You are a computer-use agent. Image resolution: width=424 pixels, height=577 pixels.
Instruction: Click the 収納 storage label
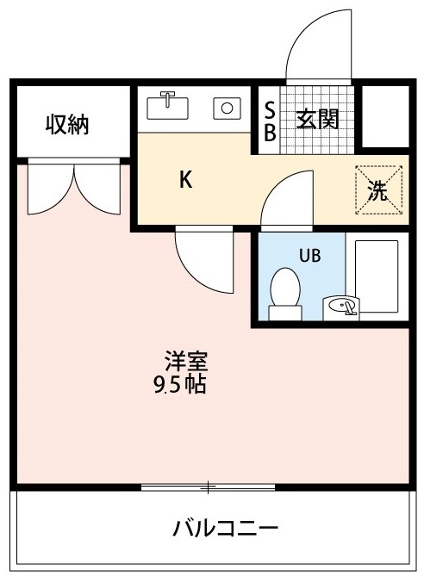pyautogui.click(x=67, y=125)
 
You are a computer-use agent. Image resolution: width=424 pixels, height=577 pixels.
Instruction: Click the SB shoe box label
pyautogui.click(x=269, y=121)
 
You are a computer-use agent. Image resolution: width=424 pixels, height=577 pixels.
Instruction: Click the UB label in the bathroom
pyautogui.click(x=309, y=255)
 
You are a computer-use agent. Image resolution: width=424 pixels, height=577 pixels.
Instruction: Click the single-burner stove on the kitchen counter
pyautogui.click(x=228, y=109)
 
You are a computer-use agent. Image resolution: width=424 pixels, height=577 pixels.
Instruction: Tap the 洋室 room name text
pyautogui.click(x=186, y=361)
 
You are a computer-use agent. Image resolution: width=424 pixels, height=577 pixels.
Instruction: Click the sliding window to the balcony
pyautogui.click(x=208, y=487)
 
